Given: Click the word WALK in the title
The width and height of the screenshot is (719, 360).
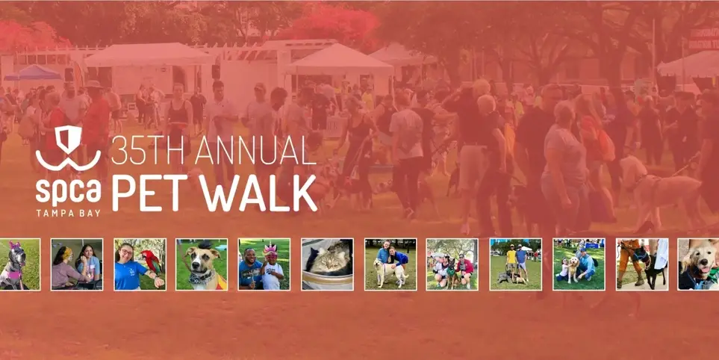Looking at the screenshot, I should click(x=253, y=193).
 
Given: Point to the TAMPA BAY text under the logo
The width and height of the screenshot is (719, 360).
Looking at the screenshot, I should click(x=67, y=213).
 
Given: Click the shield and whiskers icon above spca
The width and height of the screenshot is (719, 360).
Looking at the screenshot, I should click(x=68, y=150).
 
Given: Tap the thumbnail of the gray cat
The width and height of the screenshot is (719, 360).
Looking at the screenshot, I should click(x=327, y=264).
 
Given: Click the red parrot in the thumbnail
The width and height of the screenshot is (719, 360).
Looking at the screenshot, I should click(x=152, y=263).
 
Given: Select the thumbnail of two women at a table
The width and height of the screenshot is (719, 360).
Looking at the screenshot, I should click(x=76, y=264).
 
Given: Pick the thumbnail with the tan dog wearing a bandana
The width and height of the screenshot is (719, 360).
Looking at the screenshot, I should click(x=202, y=264).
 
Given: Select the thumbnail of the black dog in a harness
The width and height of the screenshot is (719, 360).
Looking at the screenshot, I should click(x=641, y=264).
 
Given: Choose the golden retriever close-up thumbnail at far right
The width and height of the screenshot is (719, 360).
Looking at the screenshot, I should click(x=699, y=264).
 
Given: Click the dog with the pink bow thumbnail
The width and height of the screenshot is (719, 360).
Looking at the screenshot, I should click(x=15, y=264).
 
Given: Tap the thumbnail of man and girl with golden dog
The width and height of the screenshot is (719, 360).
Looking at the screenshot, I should click(x=579, y=264).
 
